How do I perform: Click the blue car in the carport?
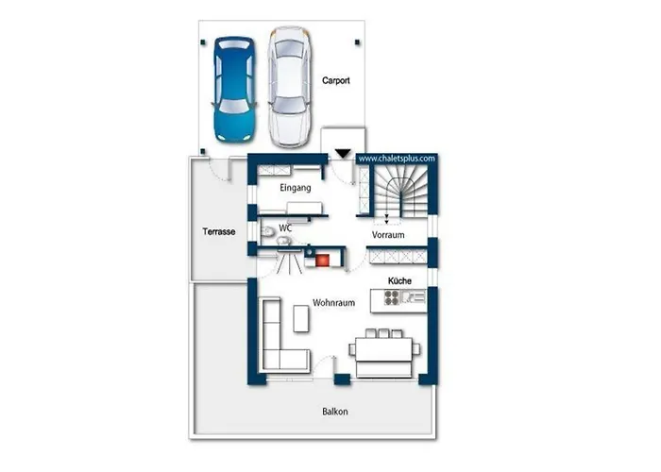click(235, 89)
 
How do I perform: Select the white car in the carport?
click(290, 87)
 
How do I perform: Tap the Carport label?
click(335, 80)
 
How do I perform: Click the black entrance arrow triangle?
click(343, 153)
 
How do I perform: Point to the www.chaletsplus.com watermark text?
click(397, 159)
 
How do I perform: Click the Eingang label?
click(295, 188)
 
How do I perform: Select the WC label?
click(285, 228)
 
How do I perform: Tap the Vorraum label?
click(388, 235)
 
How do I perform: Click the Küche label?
click(399, 280)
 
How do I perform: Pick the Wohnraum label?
click(333, 303)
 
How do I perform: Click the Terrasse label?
click(219, 231)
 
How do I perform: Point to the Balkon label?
click(335, 412)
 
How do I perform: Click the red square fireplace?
click(323, 260)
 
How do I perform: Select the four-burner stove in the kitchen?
click(392, 297)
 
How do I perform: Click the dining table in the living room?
click(383, 349)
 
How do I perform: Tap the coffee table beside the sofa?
click(301, 319)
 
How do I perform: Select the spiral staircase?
click(400, 191)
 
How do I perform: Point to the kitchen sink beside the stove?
click(413, 297)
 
